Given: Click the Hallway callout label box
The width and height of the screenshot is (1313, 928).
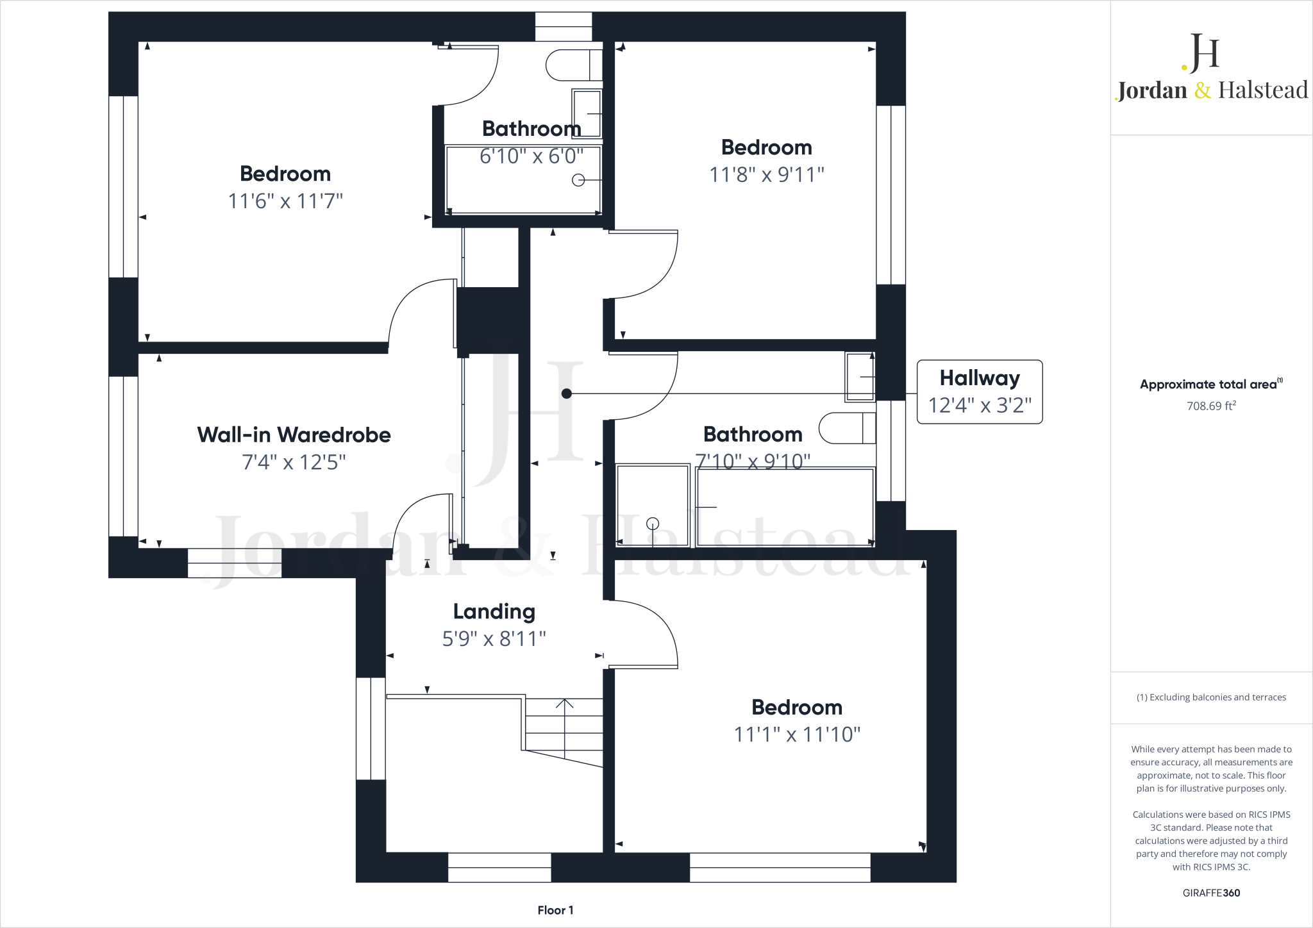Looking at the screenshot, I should click(x=980, y=392).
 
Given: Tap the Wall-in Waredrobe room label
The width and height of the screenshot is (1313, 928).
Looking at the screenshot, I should click(x=294, y=435).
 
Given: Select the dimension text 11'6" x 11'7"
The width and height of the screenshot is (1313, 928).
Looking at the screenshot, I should click(x=285, y=201).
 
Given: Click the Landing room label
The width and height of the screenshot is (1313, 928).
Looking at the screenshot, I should click(x=494, y=612).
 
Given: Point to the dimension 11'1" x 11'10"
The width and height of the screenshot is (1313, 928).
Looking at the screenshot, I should click(x=797, y=734).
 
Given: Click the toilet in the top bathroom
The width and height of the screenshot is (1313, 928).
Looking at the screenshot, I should click(x=573, y=65).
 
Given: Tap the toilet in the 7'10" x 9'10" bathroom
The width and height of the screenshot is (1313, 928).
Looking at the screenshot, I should click(x=846, y=428).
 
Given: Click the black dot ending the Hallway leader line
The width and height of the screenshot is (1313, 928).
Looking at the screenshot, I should click(x=566, y=394).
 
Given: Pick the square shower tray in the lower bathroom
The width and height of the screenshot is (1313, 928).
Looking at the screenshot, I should click(x=652, y=506).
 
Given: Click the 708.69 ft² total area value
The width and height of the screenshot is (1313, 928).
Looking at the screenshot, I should click(x=1210, y=406).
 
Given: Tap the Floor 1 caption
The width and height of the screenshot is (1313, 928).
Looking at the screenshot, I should click(x=555, y=910).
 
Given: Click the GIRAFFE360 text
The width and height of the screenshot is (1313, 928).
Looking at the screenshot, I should click(x=1210, y=893).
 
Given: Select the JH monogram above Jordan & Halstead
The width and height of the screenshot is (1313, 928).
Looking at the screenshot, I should click(x=1202, y=53).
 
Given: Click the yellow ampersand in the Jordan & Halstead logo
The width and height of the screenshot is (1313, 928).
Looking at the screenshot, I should click(x=1202, y=90).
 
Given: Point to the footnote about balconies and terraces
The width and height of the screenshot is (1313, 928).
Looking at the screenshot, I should click(x=1210, y=697).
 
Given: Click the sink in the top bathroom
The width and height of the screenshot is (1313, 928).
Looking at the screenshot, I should click(x=587, y=113).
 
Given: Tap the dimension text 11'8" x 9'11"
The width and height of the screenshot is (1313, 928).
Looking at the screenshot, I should click(x=766, y=174).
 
